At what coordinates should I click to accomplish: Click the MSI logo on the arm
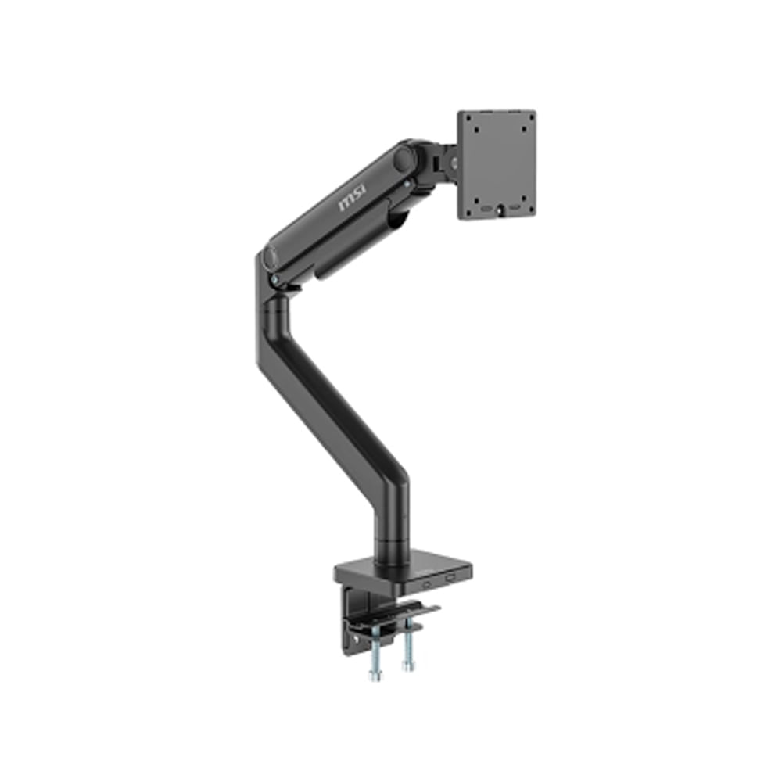click(352, 199)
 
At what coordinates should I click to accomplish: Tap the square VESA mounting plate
click(497, 165)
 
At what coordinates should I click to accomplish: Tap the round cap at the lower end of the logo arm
click(273, 255)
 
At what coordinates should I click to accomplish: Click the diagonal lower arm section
click(336, 391)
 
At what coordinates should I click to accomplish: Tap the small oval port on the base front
click(426, 583)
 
